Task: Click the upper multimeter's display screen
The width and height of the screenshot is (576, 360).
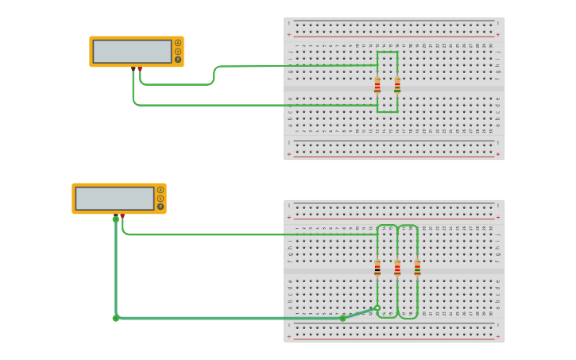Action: (132, 52)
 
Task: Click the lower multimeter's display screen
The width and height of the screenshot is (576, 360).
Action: (114, 199)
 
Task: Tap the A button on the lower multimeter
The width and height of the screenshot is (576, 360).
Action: (160, 190)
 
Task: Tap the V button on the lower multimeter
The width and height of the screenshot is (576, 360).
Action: (160, 199)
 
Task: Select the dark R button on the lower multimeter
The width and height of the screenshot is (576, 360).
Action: (160, 207)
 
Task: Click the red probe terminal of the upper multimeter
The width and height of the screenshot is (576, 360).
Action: (140, 69)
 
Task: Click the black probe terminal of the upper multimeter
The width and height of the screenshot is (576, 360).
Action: (133, 69)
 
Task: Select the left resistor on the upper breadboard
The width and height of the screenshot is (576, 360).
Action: (377, 85)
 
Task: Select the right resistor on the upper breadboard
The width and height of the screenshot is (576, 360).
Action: (397, 85)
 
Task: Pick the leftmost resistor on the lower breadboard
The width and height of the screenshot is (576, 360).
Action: (377, 268)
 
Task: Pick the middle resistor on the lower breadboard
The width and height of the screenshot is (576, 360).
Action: (397, 268)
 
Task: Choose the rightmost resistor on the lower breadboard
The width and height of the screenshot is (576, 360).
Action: (417, 268)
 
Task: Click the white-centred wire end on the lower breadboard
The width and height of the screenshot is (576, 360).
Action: (377, 308)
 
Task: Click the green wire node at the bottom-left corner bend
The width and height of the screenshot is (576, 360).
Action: (115, 318)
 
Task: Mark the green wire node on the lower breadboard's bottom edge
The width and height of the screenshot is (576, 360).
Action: (343, 318)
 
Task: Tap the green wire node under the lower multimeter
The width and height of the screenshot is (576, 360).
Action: (115, 219)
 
